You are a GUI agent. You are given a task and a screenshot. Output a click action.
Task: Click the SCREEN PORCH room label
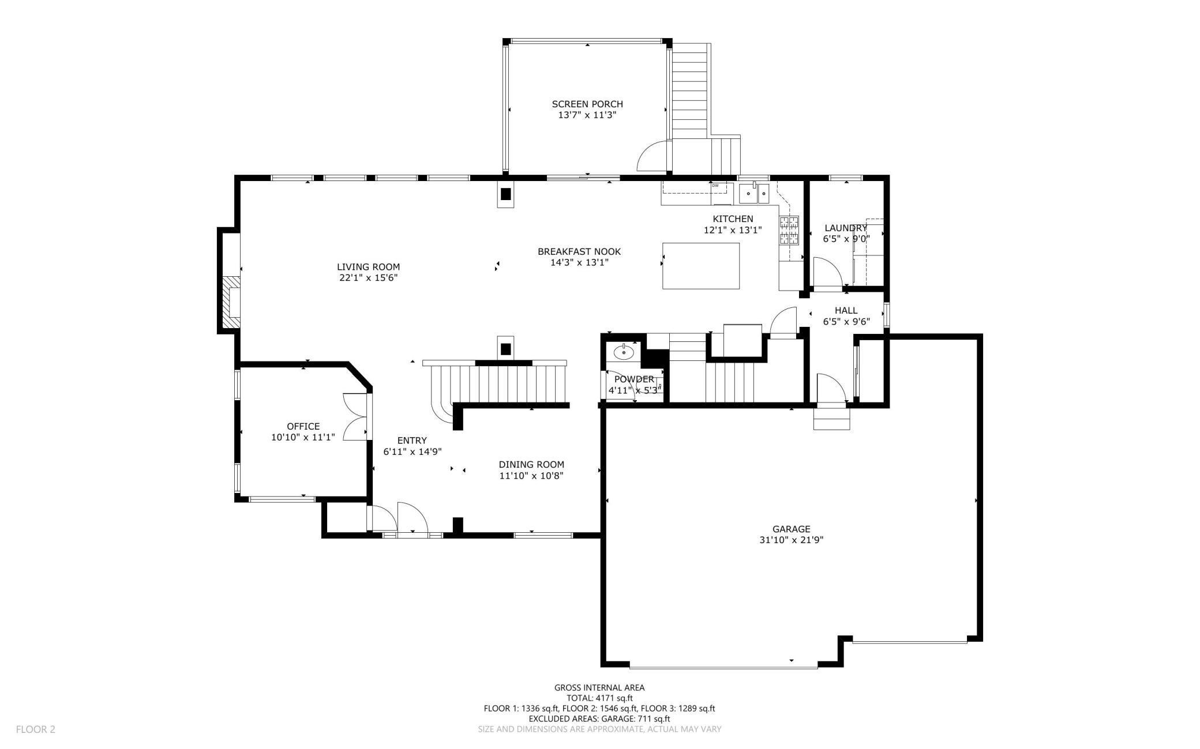587,104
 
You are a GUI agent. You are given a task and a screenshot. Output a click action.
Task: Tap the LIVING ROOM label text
368,267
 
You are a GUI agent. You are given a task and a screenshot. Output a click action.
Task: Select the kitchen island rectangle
701,266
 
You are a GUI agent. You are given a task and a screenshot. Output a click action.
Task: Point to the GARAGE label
792,529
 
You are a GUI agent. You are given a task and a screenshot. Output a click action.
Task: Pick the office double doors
355,417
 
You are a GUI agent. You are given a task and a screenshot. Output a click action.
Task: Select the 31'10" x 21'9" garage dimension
792,540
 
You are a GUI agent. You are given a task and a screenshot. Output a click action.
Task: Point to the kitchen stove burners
789,231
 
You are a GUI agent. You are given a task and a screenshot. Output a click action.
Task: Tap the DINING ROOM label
531,465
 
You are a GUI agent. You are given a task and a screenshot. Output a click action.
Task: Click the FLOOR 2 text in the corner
36,729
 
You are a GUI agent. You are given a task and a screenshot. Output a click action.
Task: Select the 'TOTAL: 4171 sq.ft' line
599,698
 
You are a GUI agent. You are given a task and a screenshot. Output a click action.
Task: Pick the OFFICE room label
303,427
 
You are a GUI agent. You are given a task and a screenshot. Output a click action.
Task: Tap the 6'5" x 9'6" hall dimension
846,322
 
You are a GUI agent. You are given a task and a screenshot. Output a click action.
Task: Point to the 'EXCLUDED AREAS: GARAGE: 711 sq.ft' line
599,719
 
